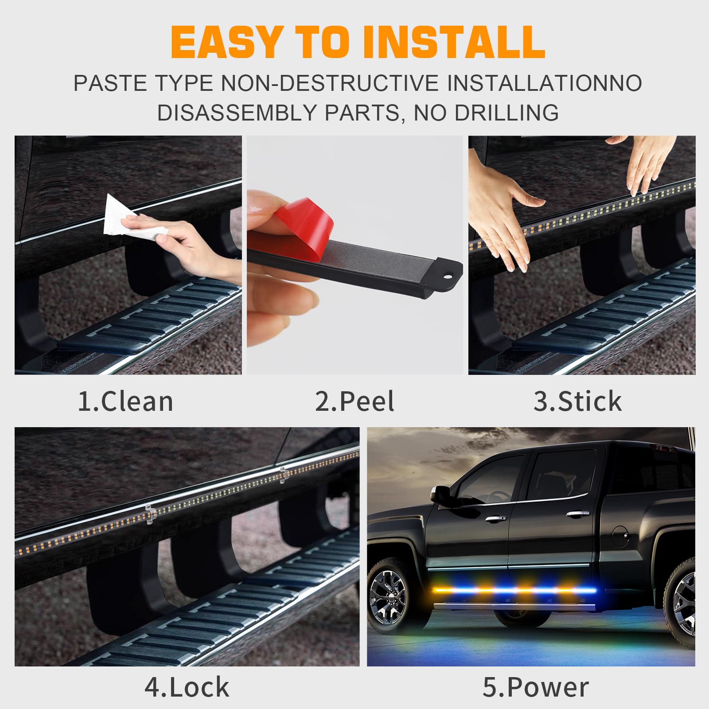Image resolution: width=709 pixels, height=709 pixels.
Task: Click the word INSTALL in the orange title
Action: point(454,43)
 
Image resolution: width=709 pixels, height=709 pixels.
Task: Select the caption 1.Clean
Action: point(125,401)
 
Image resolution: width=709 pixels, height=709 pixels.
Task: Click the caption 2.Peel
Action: point(354,401)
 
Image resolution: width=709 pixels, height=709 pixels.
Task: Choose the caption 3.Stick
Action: point(577,401)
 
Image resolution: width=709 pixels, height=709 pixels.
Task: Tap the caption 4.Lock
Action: point(187,687)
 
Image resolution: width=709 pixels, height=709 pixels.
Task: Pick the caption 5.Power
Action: point(535,687)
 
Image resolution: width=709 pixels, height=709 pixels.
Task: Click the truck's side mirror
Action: point(440,493)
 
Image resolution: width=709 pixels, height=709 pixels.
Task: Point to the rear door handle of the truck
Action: point(577,514)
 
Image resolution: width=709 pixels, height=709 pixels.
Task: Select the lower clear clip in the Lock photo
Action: point(151,514)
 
